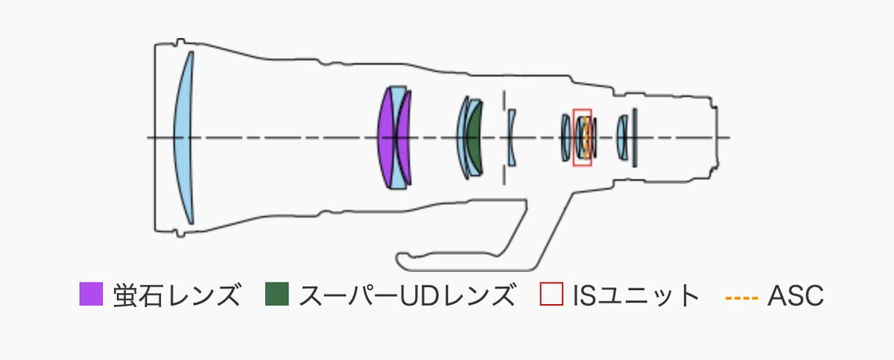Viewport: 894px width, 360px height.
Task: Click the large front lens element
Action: (x=183, y=138)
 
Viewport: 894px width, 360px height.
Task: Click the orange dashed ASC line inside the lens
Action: (x=586, y=137)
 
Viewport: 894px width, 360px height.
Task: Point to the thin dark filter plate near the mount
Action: (x=635, y=138)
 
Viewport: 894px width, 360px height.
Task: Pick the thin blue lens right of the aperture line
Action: (x=512, y=137)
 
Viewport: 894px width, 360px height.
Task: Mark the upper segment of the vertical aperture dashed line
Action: (x=504, y=104)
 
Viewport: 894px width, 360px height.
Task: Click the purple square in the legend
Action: (x=91, y=294)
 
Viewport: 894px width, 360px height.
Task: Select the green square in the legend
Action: (x=277, y=294)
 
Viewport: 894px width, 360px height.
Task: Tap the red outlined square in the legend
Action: (x=551, y=294)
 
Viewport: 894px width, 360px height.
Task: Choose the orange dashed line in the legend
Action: (x=742, y=297)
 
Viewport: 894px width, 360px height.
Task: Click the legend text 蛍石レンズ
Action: (x=177, y=295)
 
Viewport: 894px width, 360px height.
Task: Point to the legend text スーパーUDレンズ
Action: (x=407, y=295)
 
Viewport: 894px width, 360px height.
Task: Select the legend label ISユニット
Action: (x=635, y=295)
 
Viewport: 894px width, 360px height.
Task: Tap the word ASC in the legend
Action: (x=796, y=295)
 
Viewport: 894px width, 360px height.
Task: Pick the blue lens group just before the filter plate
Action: (x=622, y=138)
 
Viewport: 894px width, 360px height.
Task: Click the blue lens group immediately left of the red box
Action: (x=566, y=138)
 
